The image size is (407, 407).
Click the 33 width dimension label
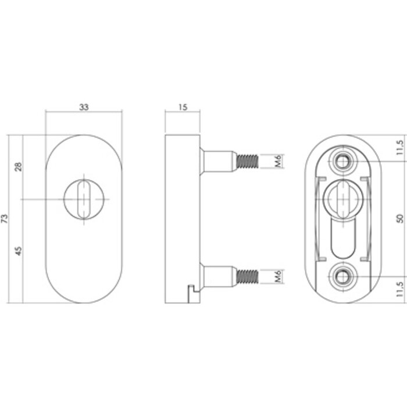click(84, 107)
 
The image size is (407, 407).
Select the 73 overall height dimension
click(6, 219)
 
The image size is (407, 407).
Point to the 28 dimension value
click(19, 167)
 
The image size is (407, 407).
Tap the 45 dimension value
click(19, 251)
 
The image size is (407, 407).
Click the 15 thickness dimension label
click(183, 107)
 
